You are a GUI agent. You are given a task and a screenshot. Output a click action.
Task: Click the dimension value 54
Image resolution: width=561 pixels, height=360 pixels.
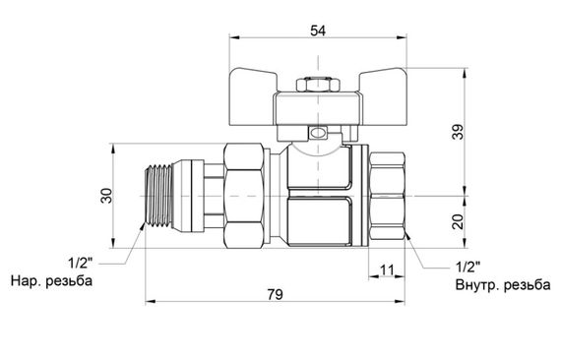tap(318, 30)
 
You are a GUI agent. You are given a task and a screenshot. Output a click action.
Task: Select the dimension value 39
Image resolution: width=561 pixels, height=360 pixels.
tap(458, 132)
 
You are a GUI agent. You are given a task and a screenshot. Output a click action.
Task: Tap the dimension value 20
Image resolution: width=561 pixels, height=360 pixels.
tap(458, 221)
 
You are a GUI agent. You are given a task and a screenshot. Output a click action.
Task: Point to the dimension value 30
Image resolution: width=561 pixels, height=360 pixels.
tap(106, 196)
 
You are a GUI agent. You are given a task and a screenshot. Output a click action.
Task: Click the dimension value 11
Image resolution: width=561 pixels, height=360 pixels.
tap(387, 270)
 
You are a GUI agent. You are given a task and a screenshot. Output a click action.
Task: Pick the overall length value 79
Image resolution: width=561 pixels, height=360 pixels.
tap(275, 294)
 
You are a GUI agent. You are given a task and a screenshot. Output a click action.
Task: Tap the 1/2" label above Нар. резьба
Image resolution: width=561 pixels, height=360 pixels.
tap(80, 264)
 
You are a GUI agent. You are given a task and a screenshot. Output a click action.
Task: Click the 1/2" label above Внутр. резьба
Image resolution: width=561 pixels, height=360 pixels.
tap(467, 267)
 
